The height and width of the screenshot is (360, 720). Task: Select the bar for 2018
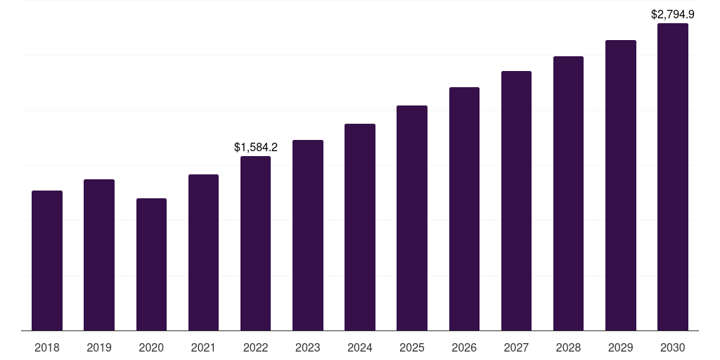pyautogui.click(x=47, y=260)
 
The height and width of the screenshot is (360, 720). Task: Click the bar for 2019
pyautogui.click(x=99, y=255)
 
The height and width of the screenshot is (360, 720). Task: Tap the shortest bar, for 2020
pyautogui.click(x=151, y=264)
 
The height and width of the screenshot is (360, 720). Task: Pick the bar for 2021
pyautogui.click(x=203, y=252)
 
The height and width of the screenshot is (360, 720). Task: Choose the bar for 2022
pyautogui.click(x=255, y=243)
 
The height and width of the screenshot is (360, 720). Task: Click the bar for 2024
pyautogui.click(x=360, y=227)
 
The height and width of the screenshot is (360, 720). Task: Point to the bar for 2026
pyautogui.click(x=464, y=209)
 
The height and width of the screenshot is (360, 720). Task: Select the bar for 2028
pyautogui.click(x=568, y=193)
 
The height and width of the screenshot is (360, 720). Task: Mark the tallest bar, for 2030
pyautogui.click(x=673, y=176)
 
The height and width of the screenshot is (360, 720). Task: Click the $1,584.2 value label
pyautogui.click(x=255, y=148)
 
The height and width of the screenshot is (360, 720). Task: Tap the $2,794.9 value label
pyautogui.click(x=673, y=14)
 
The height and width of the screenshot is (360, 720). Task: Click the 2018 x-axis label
pyautogui.click(x=47, y=347)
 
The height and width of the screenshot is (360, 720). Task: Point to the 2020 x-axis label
pyautogui.click(x=151, y=347)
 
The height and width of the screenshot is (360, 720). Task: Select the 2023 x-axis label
pyautogui.click(x=308, y=347)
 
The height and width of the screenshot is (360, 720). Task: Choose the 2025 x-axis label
pyautogui.click(x=412, y=347)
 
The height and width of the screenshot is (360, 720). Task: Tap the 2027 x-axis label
pyautogui.click(x=516, y=347)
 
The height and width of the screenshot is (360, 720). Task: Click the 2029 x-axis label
pyautogui.click(x=620, y=347)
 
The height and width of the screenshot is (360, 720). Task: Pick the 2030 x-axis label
pyautogui.click(x=673, y=347)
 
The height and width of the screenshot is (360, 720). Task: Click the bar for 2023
pyautogui.click(x=308, y=235)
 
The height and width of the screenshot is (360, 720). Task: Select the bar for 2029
pyautogui.click(x=620, y=185)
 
